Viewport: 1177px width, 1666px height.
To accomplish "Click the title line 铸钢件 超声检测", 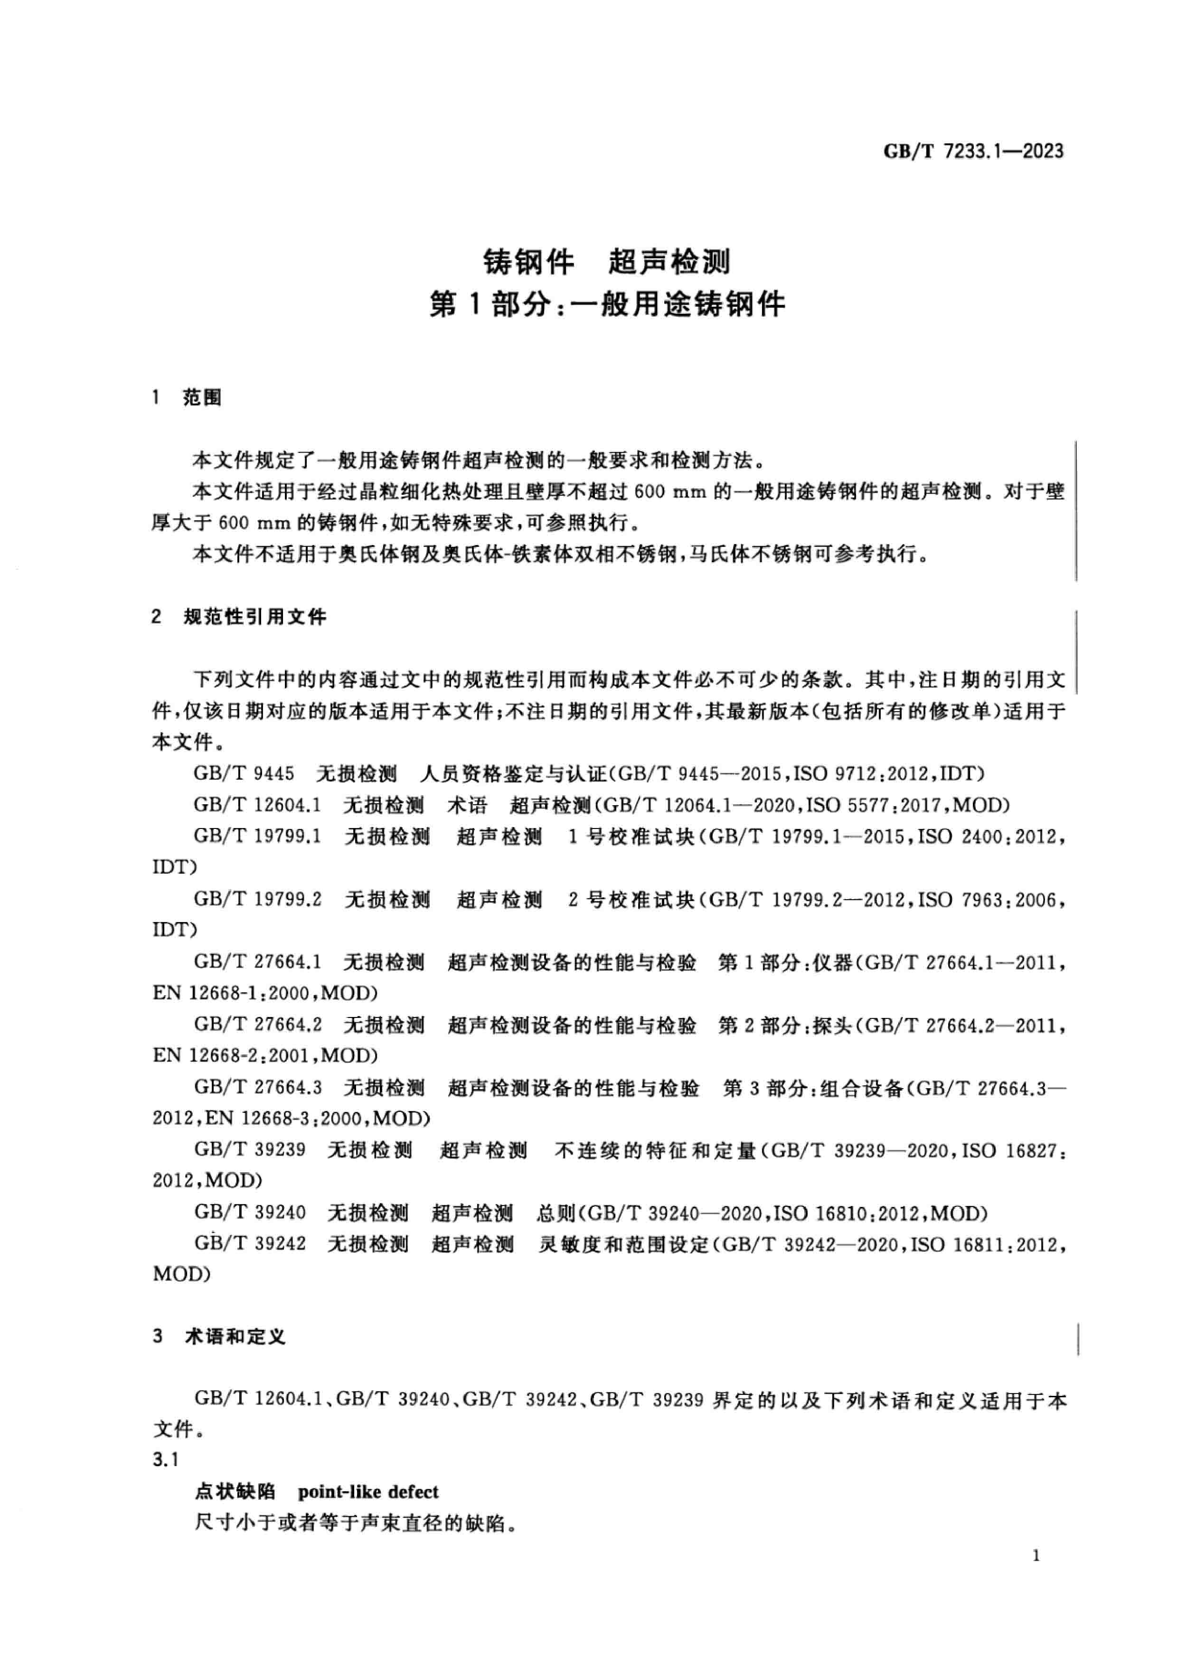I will point(607,262).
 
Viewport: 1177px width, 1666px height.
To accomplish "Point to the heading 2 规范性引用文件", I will point(239,617).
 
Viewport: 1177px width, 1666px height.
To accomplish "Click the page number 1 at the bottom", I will point(1036,1576).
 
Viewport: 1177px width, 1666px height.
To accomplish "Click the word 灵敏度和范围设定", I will point(622,1245).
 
